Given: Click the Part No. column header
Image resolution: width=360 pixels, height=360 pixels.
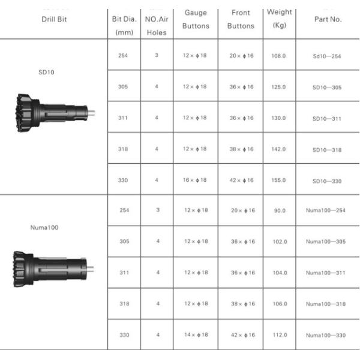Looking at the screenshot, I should [x=328, y=19].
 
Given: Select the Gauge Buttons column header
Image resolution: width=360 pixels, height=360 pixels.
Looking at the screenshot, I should [x=196, y=19].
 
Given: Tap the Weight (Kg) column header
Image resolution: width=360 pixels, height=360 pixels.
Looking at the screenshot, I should [x=279, y=19].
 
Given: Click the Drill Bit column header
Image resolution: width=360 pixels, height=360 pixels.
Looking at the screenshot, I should [x=53, y=19].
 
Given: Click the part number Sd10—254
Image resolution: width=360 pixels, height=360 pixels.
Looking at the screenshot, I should [x=326, y=56].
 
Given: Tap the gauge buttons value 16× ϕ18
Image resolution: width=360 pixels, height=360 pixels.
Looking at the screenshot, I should [x=195, y=180].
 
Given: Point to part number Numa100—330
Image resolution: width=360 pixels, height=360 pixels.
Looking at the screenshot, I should [x=326, y=335].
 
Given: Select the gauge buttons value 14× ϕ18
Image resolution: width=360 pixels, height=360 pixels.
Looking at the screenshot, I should [x=196, y=335].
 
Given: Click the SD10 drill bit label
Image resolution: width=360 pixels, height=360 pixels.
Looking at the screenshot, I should [x=46, y=72].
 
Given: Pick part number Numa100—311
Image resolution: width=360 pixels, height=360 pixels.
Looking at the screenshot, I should [x=326, y=273].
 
